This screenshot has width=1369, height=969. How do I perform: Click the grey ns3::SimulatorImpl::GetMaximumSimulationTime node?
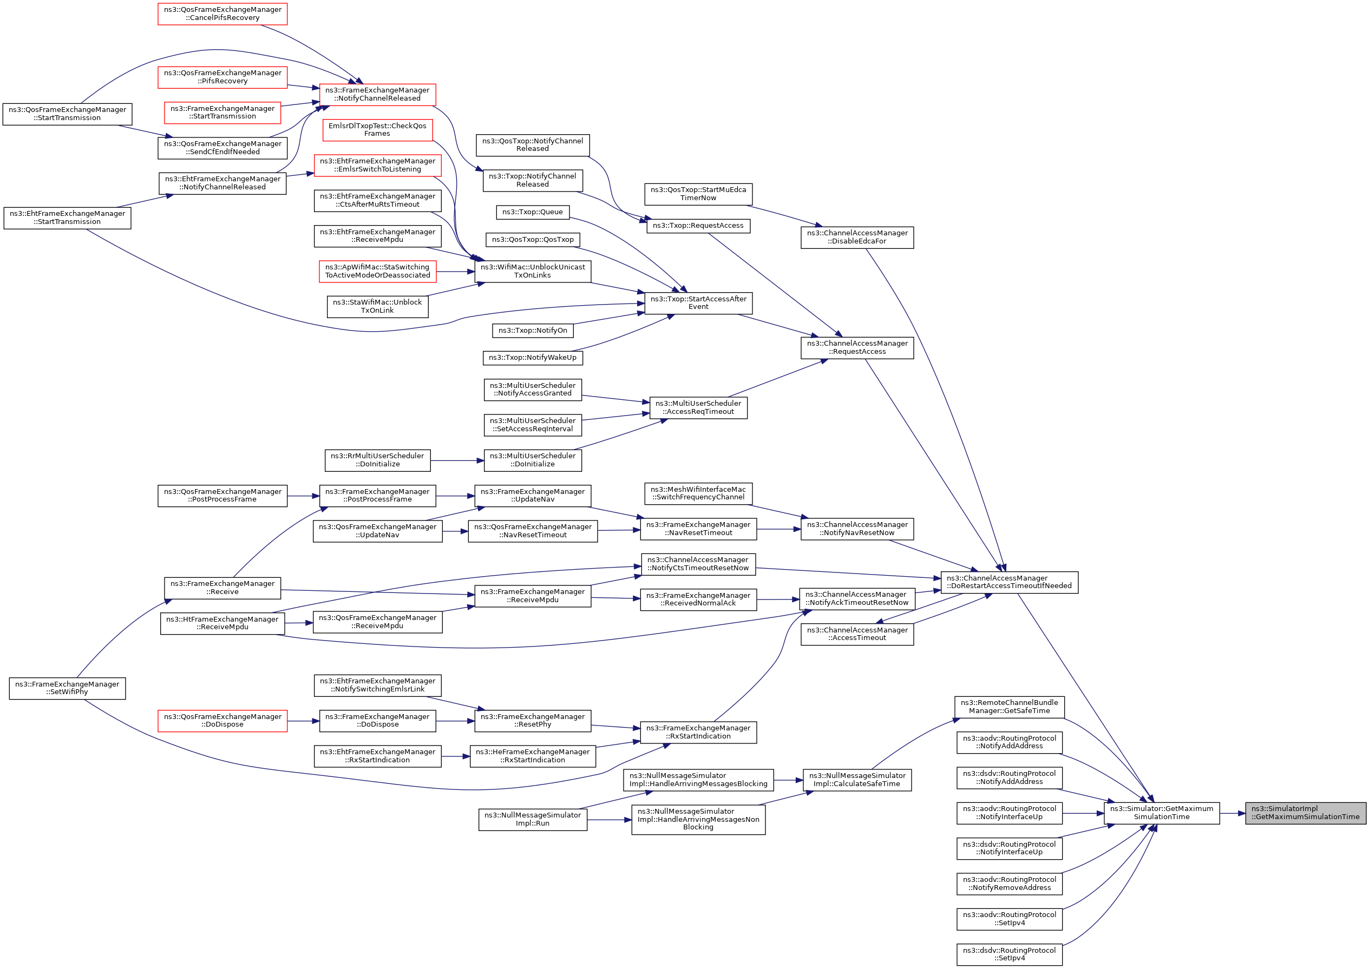1305,813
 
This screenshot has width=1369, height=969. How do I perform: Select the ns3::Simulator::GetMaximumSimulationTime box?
1161,813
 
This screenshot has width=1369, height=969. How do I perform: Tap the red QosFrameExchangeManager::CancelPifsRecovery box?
222,14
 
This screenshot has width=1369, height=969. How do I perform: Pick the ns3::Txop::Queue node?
533,212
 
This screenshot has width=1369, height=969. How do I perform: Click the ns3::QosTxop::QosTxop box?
533,239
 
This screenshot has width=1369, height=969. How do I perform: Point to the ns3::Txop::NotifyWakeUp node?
533,358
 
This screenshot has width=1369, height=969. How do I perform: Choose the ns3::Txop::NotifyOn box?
533,330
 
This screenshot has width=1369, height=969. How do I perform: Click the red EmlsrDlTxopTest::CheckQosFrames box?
377,129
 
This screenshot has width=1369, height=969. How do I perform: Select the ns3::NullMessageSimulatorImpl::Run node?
533,819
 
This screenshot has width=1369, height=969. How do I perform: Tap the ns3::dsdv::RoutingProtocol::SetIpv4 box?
1009,954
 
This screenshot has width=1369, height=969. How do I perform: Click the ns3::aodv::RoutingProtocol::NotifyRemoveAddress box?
1009,884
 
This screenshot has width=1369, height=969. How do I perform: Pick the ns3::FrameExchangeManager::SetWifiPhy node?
68,688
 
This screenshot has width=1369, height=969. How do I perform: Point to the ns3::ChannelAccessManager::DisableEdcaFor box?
857,237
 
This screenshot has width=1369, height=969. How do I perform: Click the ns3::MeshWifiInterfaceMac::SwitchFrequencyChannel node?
698,493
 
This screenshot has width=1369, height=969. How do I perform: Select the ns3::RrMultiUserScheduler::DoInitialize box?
377,460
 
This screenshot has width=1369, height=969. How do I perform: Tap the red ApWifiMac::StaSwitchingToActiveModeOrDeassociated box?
377,271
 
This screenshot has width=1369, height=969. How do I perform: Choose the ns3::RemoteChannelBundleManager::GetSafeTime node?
1009,707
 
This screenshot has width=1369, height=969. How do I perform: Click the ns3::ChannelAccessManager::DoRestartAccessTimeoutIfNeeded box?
1009,582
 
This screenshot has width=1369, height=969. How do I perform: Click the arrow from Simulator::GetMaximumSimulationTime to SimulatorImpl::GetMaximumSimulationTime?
1232,813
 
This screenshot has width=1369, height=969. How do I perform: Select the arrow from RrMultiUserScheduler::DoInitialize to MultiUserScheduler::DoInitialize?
457,460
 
